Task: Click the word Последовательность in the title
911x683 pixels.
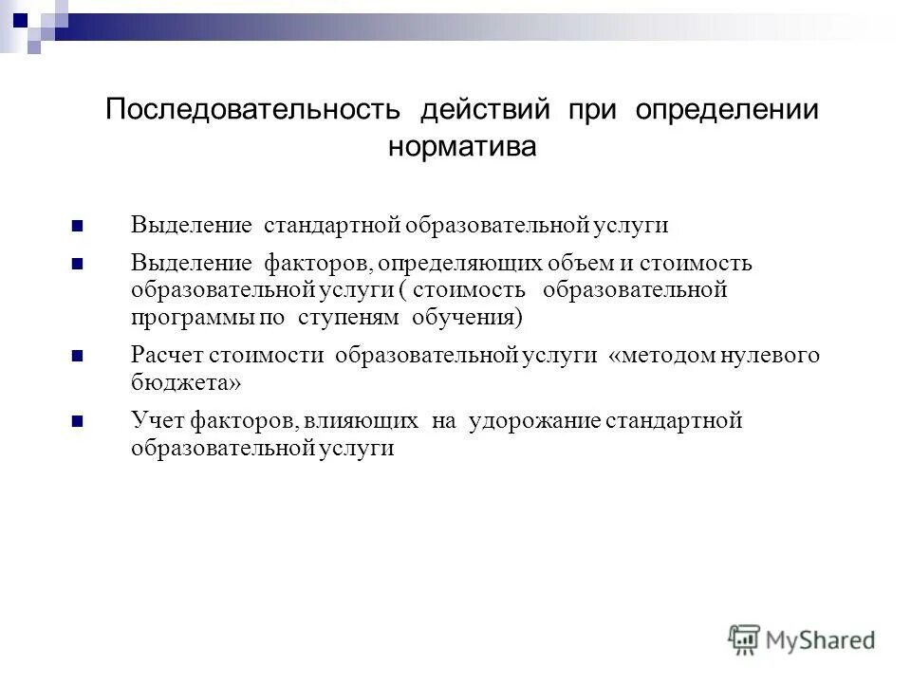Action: coord(254,109)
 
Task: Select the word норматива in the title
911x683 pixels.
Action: coord(462,147)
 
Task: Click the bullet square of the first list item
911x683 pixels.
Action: coord(78,228)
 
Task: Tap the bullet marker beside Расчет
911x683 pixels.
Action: coord(78,358)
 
